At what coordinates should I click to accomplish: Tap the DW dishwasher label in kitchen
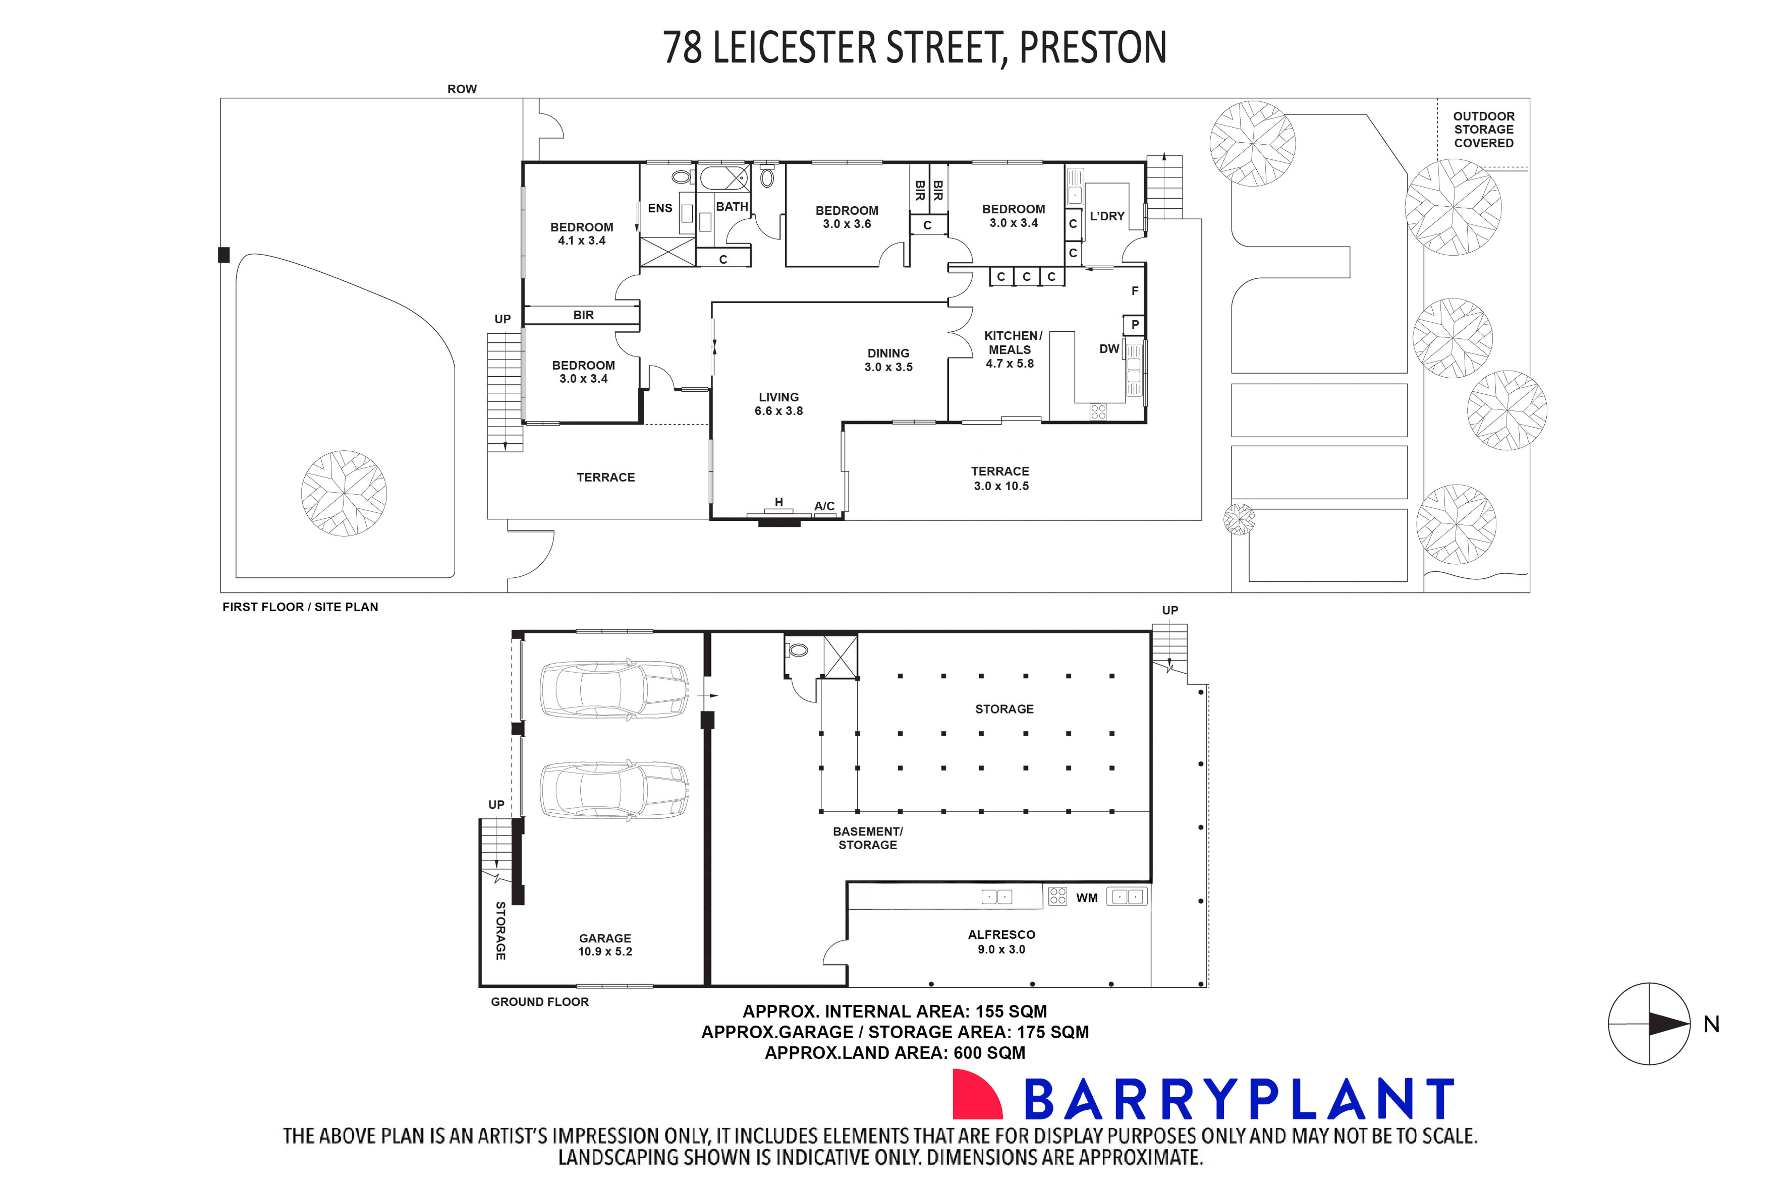(x=1109, y=349)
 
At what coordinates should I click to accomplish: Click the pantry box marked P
(x=1135, y=325)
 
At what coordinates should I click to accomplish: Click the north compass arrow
(x=1668, y=1024)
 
